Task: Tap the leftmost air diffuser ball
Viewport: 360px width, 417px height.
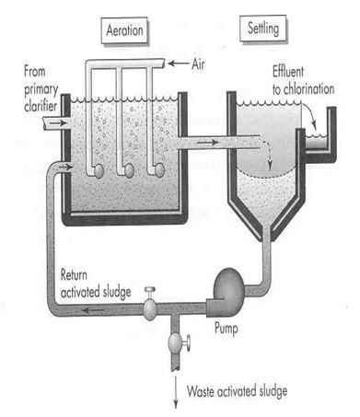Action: pyautogui.click(x=98, y=169)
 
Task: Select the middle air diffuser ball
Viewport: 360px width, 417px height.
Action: pyautogui.click(x=129, y=169)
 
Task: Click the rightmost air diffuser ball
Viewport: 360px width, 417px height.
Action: pyautogui.click(x=159, y=169)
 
